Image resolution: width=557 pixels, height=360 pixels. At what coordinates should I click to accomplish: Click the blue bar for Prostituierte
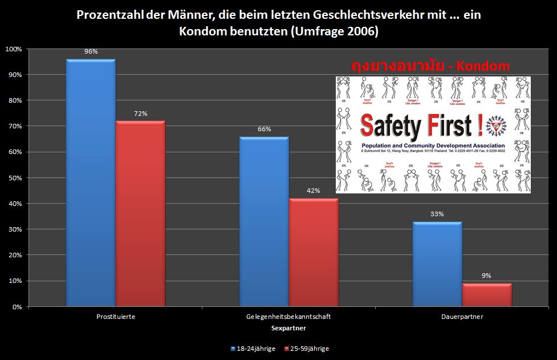pos(91,183)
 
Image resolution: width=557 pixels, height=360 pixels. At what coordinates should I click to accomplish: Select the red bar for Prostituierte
pos(140,213)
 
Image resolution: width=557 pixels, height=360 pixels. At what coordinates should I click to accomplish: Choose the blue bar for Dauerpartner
pos(437,264)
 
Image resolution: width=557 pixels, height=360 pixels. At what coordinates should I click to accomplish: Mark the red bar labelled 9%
pos(486,294)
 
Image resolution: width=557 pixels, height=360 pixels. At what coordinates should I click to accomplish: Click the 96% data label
pos(91,51)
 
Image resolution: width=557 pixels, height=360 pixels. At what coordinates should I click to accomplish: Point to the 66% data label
pos(264,129)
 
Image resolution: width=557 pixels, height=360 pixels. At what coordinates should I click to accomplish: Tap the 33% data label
pos(437,214)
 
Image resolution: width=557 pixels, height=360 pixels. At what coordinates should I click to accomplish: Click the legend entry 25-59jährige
pos(310,348)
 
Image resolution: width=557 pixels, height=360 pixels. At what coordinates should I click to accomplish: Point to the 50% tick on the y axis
pos(14,178)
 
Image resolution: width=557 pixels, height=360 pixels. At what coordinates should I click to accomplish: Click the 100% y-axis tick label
pos(13,49)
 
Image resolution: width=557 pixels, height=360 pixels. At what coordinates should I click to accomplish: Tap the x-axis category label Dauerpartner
pos(462,316)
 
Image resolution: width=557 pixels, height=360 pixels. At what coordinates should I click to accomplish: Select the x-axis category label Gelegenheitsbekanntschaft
pos(288,316)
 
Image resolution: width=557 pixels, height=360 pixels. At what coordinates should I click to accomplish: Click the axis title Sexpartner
pos(288,328)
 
